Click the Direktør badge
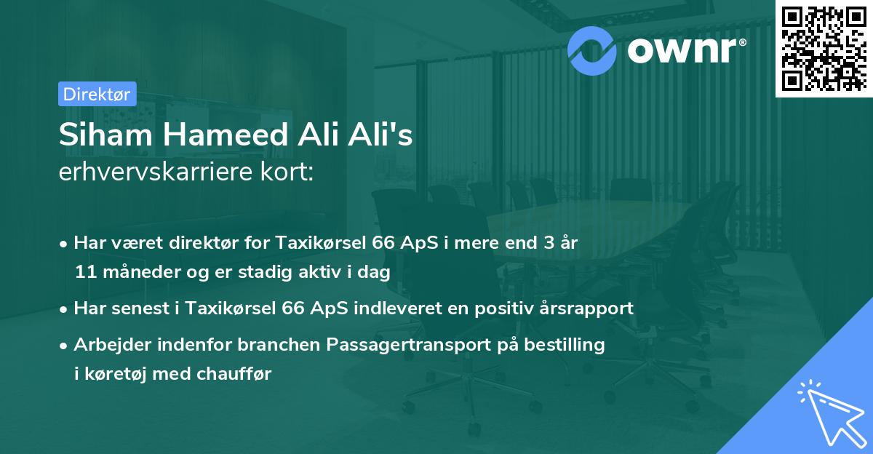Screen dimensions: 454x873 pyautogui.click(x=96, y=94)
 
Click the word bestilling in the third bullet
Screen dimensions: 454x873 pyautogui.click(x=568, y=344)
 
